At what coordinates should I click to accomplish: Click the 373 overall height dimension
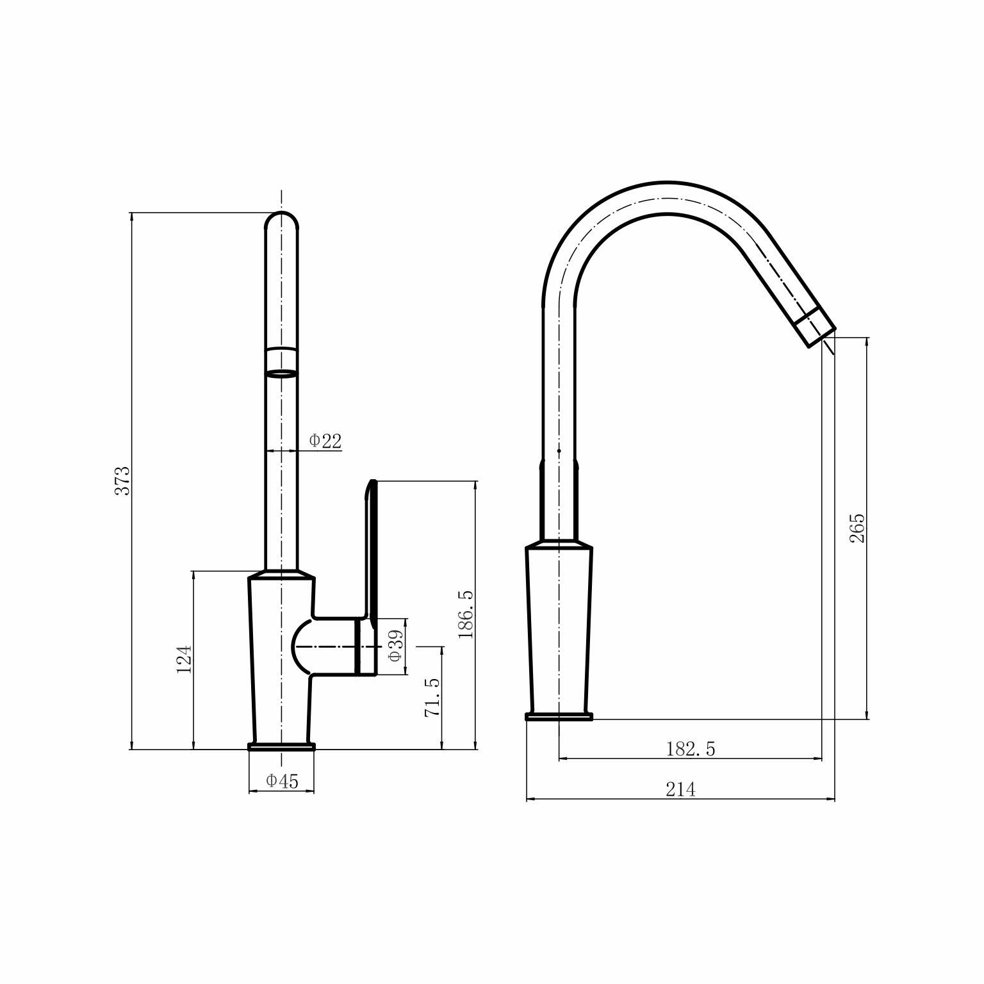coord(122,480)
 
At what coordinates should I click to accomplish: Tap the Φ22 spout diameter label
coord(325,441)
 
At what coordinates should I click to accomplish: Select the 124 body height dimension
coord(184,659)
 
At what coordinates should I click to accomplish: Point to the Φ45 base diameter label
coord(282,781)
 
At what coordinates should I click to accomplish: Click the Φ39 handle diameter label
coord(395,646)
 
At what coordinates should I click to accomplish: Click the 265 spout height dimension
coord(857,528)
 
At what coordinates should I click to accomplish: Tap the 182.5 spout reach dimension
coord(691,749)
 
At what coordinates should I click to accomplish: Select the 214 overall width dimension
coord(680,790)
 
